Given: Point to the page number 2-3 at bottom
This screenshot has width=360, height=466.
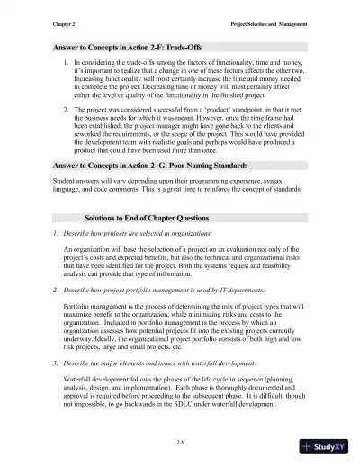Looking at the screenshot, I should (x=181, y=440).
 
